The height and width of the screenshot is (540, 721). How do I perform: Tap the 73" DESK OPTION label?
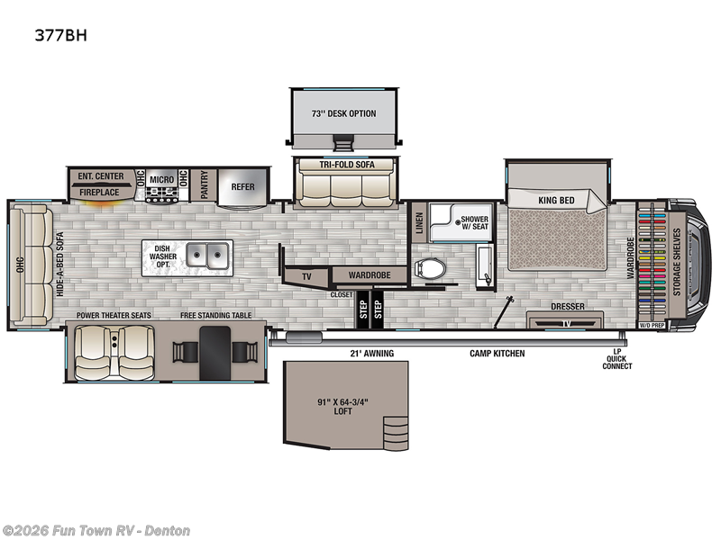point(343,113)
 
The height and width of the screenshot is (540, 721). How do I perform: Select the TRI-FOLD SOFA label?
point(343,164)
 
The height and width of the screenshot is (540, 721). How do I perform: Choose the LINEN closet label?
point(419,222)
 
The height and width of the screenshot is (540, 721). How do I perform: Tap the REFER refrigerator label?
point(242,187)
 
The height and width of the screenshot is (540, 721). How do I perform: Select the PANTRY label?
point(205,186)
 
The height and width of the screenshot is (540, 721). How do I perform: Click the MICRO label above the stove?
point(162,179)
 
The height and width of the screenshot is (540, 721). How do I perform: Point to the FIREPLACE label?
point(98,192)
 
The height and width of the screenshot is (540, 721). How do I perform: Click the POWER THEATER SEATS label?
point(114,315)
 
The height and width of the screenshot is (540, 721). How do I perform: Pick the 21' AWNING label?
point(372,354)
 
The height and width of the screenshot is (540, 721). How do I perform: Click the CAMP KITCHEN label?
point(497,354)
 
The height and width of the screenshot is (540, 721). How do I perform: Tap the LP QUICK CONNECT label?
point(617,359)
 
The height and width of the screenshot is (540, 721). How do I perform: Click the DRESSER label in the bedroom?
point(567,307)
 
